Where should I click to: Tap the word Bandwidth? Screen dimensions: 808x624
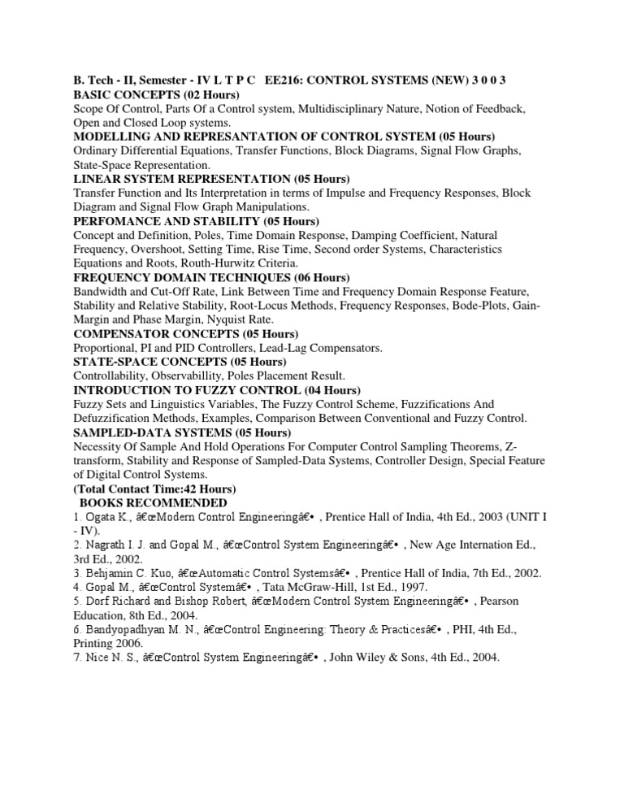coord(102,291)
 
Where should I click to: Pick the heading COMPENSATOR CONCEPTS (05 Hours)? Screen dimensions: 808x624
coord(186,334)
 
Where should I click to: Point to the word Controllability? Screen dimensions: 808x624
coord(110,376)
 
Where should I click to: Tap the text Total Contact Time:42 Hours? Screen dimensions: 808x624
coord(154,489)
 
